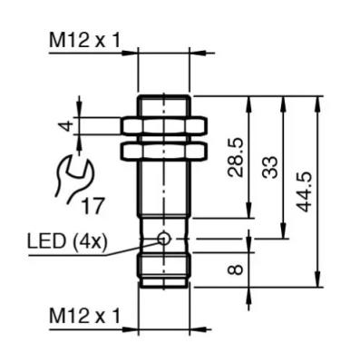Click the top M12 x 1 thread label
(84, 41)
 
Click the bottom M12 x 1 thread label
(84, 316)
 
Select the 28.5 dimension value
(236, 157)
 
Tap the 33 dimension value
(270, 167)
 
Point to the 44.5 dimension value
(304, 191)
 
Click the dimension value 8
(236, 270)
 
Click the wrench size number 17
(93, 206)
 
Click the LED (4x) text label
(67, 242)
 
